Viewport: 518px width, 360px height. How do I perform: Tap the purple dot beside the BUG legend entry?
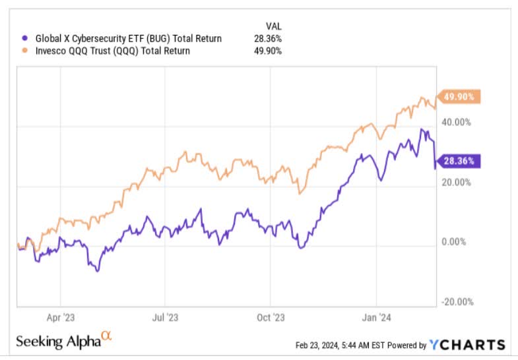[25, 39]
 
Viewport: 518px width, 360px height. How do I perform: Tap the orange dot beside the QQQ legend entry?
[25, 51]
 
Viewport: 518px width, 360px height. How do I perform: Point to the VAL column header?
[273, 27]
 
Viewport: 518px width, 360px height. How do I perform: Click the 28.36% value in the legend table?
[269, 39]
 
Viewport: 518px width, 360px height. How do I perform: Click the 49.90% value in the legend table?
[269, 51]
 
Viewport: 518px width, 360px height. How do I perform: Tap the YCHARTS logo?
[467, 345]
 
